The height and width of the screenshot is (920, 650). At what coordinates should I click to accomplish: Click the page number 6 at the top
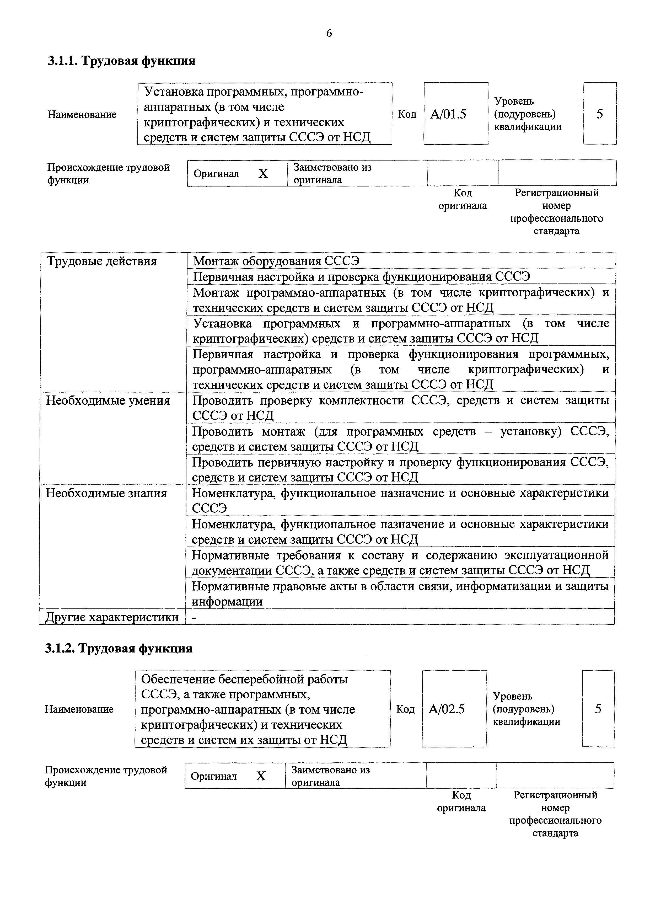[329, 33]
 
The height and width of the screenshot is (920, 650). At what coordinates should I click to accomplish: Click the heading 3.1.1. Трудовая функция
[122, 61]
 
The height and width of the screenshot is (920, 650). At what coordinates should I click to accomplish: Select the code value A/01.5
[448, 115]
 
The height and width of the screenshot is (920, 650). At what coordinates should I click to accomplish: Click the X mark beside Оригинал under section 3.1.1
[263, 174]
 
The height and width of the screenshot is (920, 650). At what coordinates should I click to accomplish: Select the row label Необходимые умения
[108, 401]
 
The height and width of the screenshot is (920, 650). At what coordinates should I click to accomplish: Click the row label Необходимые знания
[106, 493]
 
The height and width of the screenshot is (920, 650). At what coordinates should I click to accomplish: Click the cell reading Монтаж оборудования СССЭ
[276, 261]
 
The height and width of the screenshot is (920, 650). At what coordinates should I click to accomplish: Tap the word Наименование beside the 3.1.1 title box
[82, 115]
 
